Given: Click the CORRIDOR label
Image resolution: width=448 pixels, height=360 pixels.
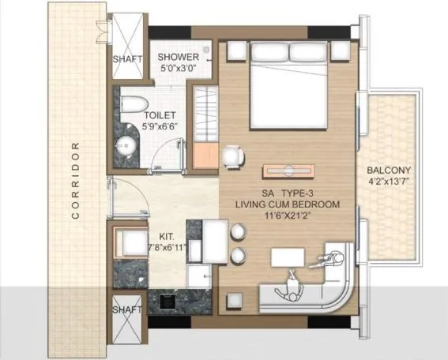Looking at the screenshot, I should coord(76,180).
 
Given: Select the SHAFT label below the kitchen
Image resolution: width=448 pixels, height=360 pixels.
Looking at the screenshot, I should coord(127,310).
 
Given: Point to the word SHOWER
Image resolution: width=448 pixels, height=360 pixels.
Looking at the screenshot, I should coord(178,57).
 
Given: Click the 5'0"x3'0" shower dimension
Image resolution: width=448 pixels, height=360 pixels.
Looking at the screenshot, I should coord(178,69).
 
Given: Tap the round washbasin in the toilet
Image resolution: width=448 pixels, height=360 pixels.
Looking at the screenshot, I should coord(126,145).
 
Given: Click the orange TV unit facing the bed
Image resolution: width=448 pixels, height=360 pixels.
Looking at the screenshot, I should coord(288,171).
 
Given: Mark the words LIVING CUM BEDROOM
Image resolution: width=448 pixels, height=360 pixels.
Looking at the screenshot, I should coord(287,204).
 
